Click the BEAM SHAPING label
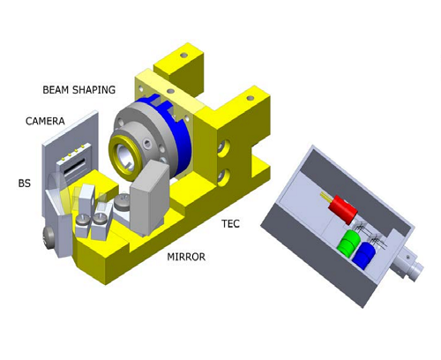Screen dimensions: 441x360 pos(79,90)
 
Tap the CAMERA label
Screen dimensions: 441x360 pos(45,121)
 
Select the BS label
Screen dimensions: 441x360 pos(25,184)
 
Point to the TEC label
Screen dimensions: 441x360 pos(231,224)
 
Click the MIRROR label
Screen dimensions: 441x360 pos(186,257)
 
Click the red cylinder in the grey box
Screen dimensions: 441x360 pos(343,209)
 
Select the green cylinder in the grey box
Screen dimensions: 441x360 pos(349,244)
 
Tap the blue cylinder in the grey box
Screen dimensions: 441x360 pos(363,255)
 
